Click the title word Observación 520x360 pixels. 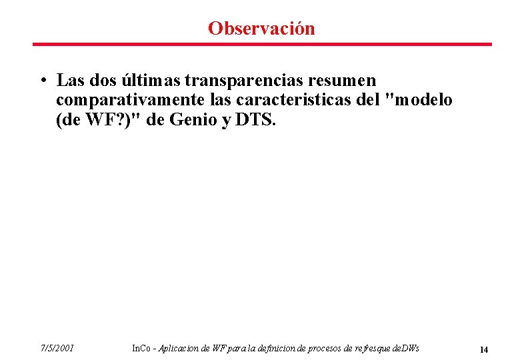pos(261,29)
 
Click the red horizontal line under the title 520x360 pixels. pos(262,45)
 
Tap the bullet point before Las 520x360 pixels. pos(42,81)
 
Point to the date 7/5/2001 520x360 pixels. pos(57,349)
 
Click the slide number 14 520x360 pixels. pos(484,349)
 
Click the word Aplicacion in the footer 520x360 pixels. pos(180,349)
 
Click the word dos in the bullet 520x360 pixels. pos(99,81)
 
